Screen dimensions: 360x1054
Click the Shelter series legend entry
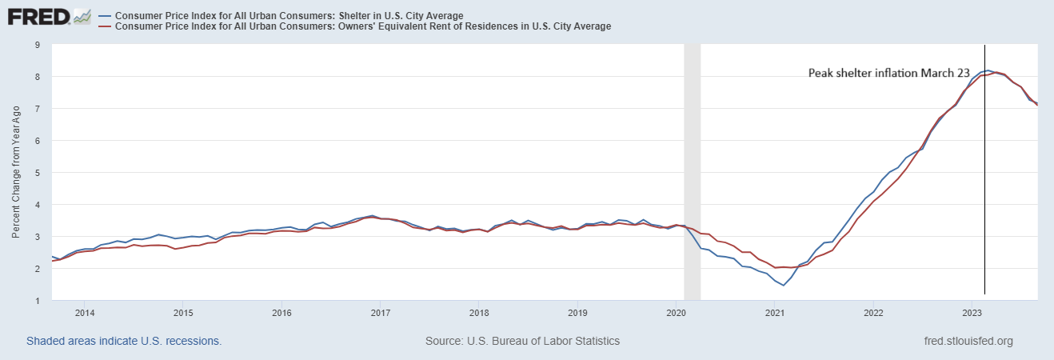pyautogui.click(x=289, y=15)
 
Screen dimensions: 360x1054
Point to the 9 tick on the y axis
pyautogui.click(x=37, y=45)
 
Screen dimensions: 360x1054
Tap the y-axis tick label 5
pyautogui.click(x=37, y=173)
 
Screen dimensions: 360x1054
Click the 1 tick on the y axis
pyautogui.click(x=37, y=301)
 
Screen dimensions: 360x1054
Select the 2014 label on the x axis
pyautogui.click(x=85, y=312)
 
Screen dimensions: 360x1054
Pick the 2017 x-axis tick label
pyautogui.click(x=380, y=312)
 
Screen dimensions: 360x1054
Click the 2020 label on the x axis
pyautogui.click(x=676, y=312)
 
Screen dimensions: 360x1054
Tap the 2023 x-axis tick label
pyautogui.click(x=971, y=312)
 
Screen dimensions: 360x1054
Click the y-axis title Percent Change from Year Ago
pyautogui.click(x=16, y=173)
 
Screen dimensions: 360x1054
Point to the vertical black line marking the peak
pyautogui.click(x=984, y=200)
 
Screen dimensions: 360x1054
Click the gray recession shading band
pyautogui.click(x=693, y=160)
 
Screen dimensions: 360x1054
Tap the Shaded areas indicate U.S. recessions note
pyautogui.click(x=124, y=341)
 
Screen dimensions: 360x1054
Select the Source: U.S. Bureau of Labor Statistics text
pyautogui.click(x=522, y=341)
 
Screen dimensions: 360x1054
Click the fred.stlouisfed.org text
pyautogui.click(x=968, y=341)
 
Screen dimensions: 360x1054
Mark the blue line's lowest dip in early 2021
pyautogui.click(x=785, y=285)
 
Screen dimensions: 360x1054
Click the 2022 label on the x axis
pyautogui.click(x=872, y=312)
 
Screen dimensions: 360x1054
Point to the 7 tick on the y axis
pyautogui.click(x=37, y=109)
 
